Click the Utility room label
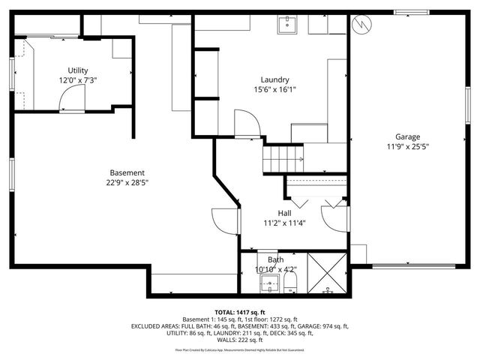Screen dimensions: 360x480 tap(77, 70)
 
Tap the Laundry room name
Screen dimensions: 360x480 tap(274, 80)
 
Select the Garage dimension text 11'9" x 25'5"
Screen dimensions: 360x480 tap(407, 146)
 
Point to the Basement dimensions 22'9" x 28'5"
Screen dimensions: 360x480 tap(127, 182)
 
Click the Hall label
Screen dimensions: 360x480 tap(284, 213)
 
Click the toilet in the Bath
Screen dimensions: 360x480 tap(292, 283)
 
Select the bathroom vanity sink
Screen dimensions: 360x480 tap(269, 284)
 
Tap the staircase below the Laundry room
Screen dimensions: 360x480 tap(282, 158)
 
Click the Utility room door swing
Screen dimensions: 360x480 tap(72, 97)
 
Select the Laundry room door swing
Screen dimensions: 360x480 tap(247, 123)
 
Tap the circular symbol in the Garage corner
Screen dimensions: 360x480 tap(362, 24)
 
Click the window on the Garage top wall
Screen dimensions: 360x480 tap(412, 12)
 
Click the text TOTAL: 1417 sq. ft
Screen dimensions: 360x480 tap(240, 312)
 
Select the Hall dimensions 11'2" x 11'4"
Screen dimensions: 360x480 tap(284, 223)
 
